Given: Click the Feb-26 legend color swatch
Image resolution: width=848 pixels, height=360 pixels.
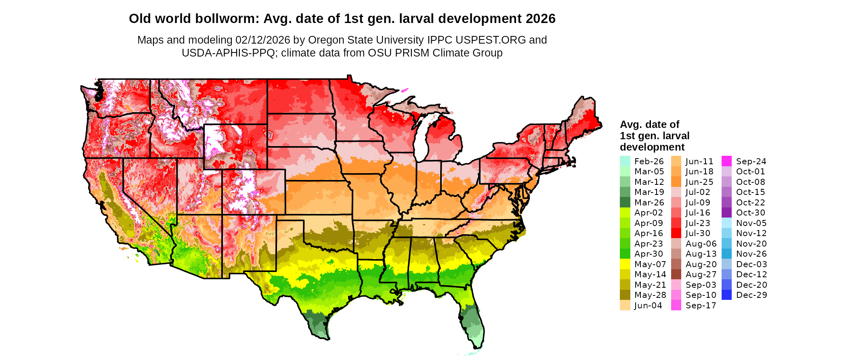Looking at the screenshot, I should point(625,161).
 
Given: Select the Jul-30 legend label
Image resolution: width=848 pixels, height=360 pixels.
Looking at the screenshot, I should point(698,233).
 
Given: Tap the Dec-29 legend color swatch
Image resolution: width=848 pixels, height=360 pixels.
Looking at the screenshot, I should point(726,295).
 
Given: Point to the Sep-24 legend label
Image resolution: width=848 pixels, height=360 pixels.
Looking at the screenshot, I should point(751,161).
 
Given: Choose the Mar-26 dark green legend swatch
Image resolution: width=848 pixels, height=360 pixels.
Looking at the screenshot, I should point(625,202).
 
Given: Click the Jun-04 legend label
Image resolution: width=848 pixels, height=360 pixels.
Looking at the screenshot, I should point(648,306).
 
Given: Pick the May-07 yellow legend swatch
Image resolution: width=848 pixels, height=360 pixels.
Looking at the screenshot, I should point(625,264).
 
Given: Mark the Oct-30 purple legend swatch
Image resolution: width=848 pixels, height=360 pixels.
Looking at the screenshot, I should point(726,213).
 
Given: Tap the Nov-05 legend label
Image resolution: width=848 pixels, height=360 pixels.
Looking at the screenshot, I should point(751,223).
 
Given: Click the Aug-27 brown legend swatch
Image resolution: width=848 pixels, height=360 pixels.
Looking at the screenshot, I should point(676,274).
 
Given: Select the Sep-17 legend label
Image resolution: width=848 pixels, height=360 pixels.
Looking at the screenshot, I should point(701,306).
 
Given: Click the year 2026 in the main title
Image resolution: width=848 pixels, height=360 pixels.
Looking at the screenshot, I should point(541,19).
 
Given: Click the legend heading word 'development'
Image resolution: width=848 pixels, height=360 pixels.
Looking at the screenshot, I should point(652,147).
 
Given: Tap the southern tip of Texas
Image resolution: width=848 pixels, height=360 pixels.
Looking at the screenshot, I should point(325,338).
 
